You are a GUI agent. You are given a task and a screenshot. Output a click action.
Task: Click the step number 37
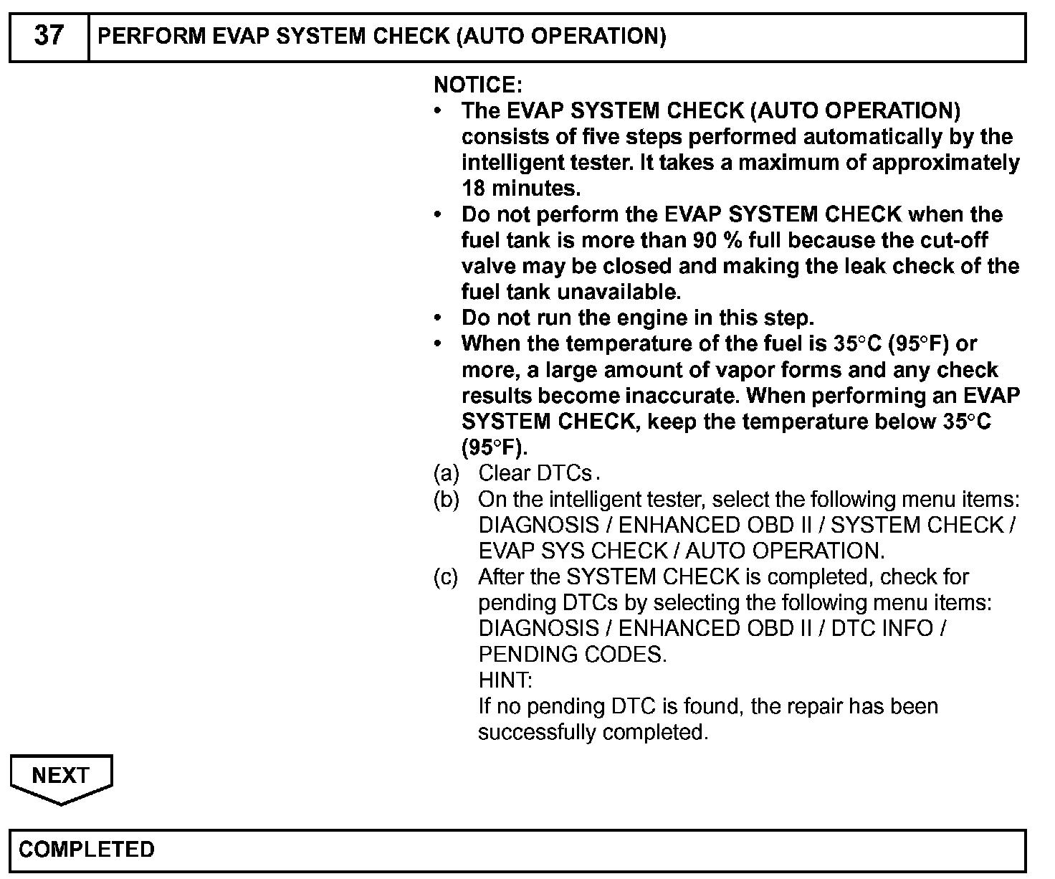coord(48,36)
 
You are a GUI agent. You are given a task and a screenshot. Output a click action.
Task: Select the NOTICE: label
coord(478,85)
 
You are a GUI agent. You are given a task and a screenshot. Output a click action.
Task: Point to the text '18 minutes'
coord(520,189)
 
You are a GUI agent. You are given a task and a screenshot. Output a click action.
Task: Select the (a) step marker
coord(447,473)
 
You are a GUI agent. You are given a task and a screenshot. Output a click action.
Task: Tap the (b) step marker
coord(447,499)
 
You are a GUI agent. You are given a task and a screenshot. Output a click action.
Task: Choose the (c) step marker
coord(447,576)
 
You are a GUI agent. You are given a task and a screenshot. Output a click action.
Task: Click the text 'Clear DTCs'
coord(535,473)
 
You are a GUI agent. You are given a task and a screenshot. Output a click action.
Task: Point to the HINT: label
coord(505,680)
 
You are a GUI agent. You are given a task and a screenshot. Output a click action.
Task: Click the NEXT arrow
coord(61,776)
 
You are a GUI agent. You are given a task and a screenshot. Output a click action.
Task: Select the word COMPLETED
coord(87,850)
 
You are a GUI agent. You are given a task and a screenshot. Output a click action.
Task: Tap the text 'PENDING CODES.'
coord(572,654)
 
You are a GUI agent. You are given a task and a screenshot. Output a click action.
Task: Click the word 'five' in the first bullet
coord(598,137)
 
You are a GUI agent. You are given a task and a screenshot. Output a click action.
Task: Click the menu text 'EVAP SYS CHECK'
coord(573,551)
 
